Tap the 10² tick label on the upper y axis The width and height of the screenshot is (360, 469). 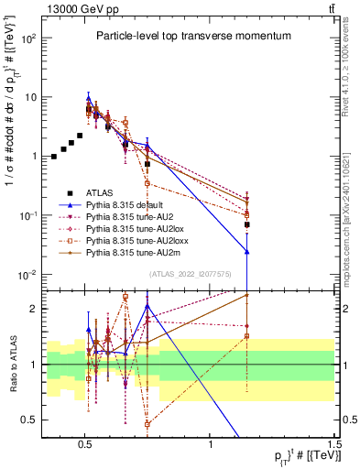coord(28,38)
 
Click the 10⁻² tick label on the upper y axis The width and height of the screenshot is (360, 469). coord(28,274)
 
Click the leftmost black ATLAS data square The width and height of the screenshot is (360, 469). coord(54,157)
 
